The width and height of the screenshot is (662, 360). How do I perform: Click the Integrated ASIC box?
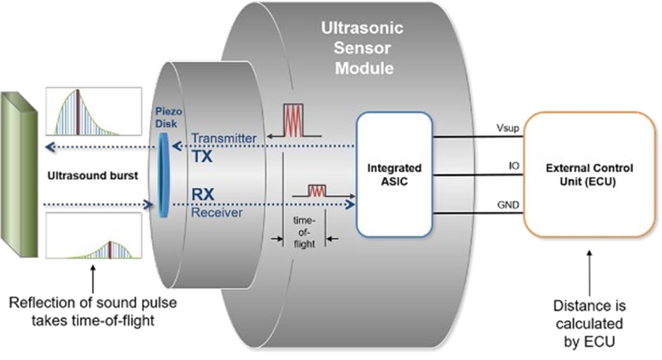(x=394, y=173)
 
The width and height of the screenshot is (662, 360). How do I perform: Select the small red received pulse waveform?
(x=321, y=191)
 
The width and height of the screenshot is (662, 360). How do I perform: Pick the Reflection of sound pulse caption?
(x=93, y=311)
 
